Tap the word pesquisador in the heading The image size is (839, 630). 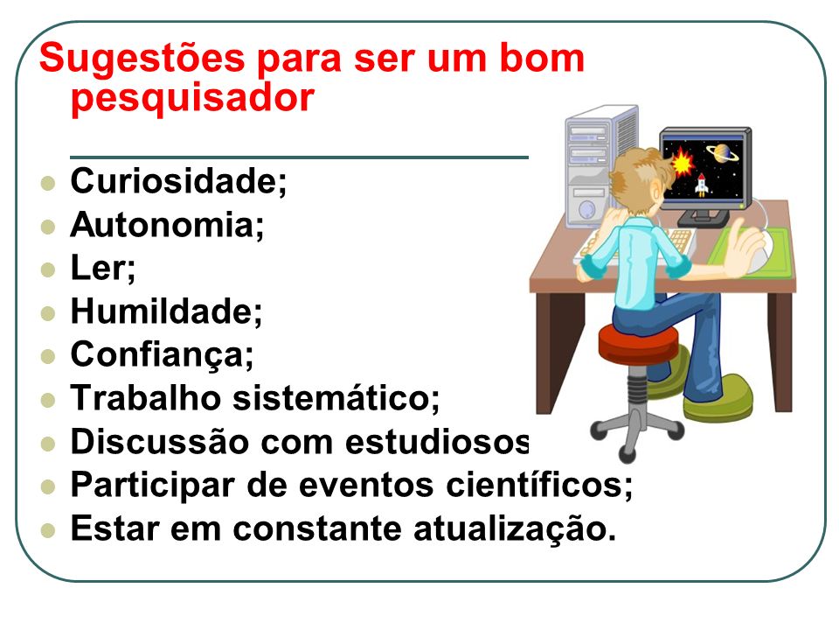point(192,99)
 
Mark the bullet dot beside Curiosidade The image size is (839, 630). point(47,183)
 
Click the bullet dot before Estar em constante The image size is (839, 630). point(47,530)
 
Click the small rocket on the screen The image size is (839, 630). point(702,185)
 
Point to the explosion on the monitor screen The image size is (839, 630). point(682,162)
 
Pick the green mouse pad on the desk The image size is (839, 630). point(750,253)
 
